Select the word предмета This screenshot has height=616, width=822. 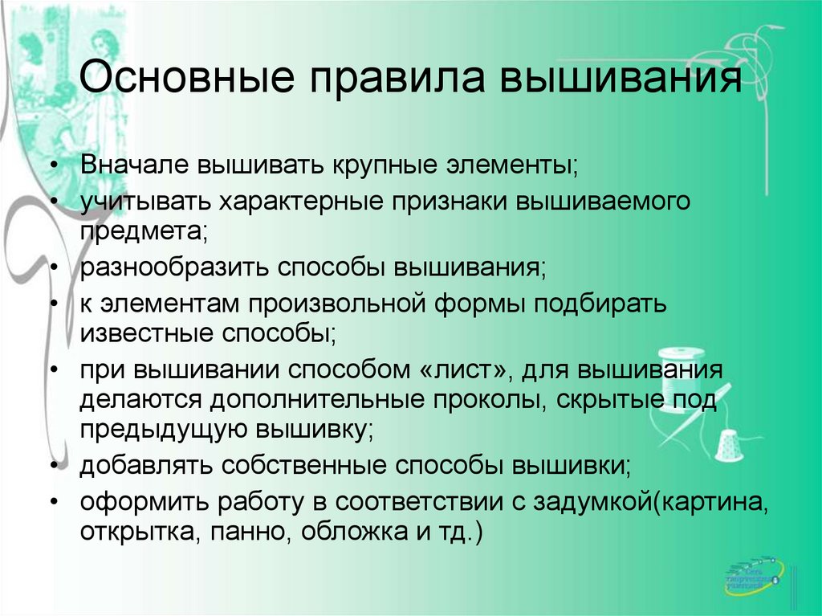click(144, 230)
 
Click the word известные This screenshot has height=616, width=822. click(140, 332)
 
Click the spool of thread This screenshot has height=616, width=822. click(680, 366)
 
